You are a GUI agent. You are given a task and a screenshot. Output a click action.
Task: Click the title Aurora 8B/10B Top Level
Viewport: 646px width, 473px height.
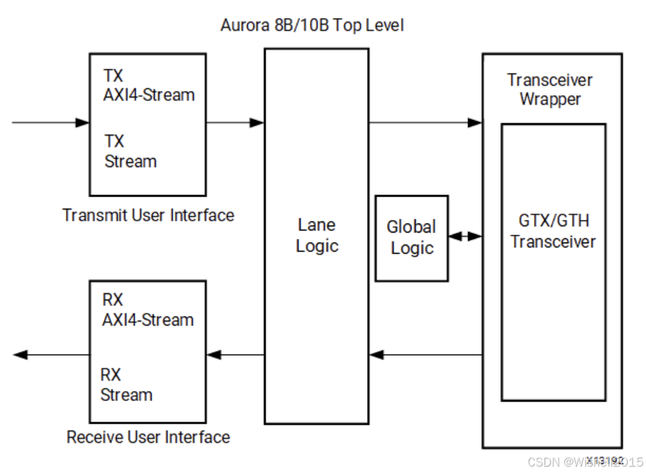[311, 26]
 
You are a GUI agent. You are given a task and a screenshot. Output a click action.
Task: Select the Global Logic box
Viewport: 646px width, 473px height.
[411, 238]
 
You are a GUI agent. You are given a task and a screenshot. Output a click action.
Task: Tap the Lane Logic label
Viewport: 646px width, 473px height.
[316, 235]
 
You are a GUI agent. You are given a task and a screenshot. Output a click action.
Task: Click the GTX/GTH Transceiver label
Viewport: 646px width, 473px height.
[553, 231]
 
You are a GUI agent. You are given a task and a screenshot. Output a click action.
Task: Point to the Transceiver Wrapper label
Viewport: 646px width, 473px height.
[549, 90]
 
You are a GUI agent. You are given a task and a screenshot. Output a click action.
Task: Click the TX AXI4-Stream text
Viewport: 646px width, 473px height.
[149, 85]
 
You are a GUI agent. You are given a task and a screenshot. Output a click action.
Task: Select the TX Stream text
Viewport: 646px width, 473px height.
[130, 151]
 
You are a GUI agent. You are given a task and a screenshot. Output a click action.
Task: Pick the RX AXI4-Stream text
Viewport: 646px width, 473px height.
[147, 310]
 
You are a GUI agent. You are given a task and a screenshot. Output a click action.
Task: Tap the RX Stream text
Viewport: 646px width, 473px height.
[126, 385]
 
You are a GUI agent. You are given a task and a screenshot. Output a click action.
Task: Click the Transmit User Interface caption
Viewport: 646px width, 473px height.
[148, 215]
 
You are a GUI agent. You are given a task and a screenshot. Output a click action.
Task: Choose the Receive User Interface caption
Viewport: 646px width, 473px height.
[148, 437]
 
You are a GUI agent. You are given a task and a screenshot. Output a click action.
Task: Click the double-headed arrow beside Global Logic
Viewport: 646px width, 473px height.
[465, 237]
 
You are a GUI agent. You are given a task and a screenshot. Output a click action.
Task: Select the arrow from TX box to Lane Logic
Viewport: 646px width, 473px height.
[235, 123]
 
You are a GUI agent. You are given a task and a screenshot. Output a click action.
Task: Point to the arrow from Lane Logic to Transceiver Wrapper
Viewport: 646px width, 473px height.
[425, 123]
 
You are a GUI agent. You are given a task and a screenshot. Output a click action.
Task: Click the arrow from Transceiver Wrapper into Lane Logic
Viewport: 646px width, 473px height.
[425, 355]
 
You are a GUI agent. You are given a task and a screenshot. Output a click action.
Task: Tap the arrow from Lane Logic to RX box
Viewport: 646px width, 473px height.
[235, 355]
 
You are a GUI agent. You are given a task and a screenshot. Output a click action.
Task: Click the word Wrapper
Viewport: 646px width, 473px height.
[550, 99]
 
